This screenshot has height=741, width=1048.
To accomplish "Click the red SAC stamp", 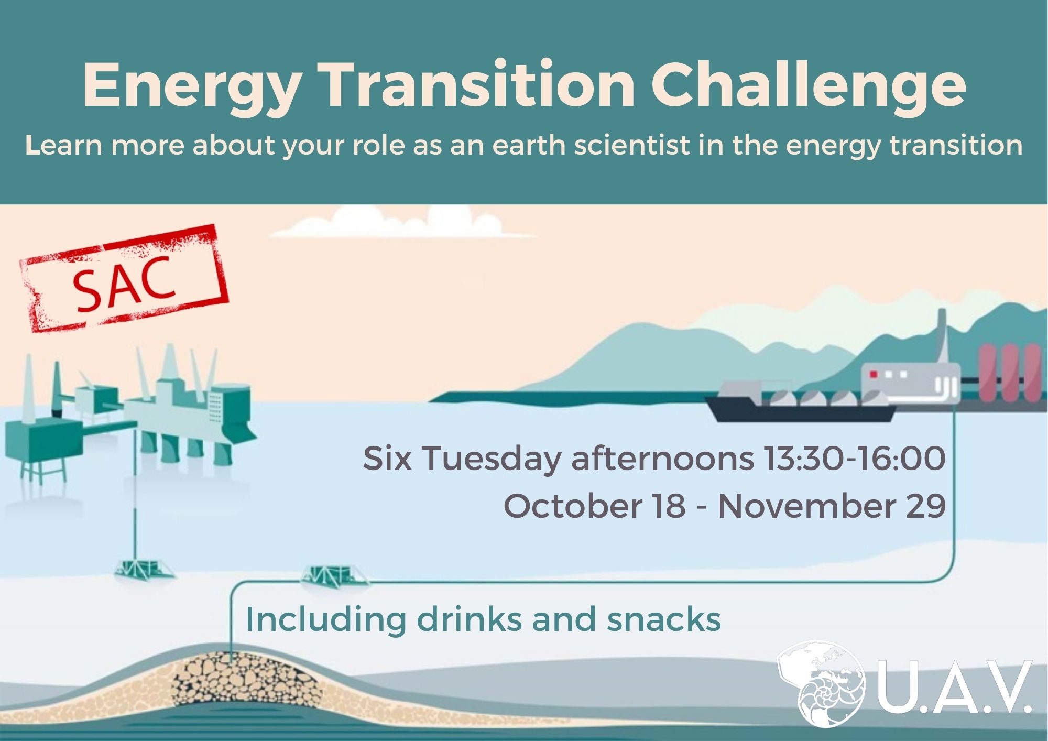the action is click(125, 279).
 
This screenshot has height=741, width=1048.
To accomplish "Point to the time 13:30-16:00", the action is click(854, 459).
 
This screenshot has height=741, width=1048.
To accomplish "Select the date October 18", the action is click(594, 506).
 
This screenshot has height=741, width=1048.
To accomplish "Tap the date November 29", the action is click(832, 506).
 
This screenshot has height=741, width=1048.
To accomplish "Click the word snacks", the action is click(664, 619).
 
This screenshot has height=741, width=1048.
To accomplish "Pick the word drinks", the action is click(469, 619).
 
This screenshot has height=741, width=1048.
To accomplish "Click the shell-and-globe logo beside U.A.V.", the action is click(821, 683).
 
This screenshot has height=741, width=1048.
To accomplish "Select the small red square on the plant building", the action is click(874, 374).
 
